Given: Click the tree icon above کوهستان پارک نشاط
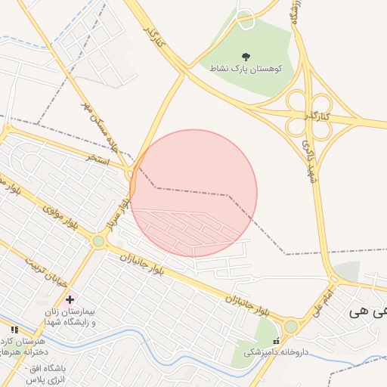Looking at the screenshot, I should click(246, 57).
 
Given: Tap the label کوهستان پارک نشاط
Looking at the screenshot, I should click(246, 68).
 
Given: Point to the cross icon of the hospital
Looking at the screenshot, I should click(70, 300).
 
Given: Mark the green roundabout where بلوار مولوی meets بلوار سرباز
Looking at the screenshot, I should click(98, 241).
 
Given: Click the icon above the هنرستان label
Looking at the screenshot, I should click(14, 330).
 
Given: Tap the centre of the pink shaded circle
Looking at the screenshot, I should click(193, 193).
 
